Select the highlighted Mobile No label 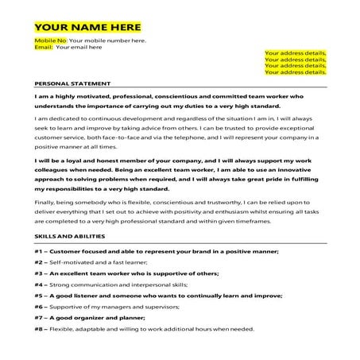(50, 40)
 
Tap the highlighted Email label (43, 47)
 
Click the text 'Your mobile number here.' (108, 40)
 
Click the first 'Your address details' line (295, 52)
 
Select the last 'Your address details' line (295, 72)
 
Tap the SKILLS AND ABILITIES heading (70, 237)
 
